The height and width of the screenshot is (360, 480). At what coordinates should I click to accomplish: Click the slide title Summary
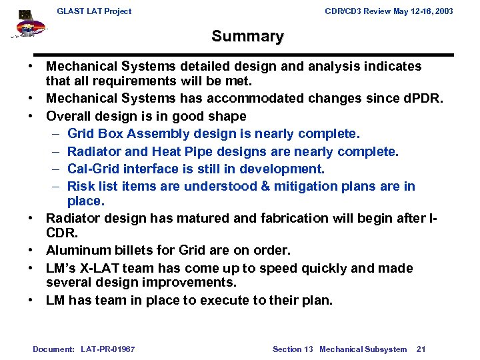[x=247, y=37]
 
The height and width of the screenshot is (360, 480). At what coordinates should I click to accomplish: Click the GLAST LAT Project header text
[x=94, y=11]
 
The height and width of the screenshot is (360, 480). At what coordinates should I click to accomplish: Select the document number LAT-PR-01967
[x=107, y=349]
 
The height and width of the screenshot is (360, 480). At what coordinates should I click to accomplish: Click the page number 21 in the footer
[x=421, y=349]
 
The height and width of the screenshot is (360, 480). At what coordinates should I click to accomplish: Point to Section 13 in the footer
[x=293, y=349]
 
